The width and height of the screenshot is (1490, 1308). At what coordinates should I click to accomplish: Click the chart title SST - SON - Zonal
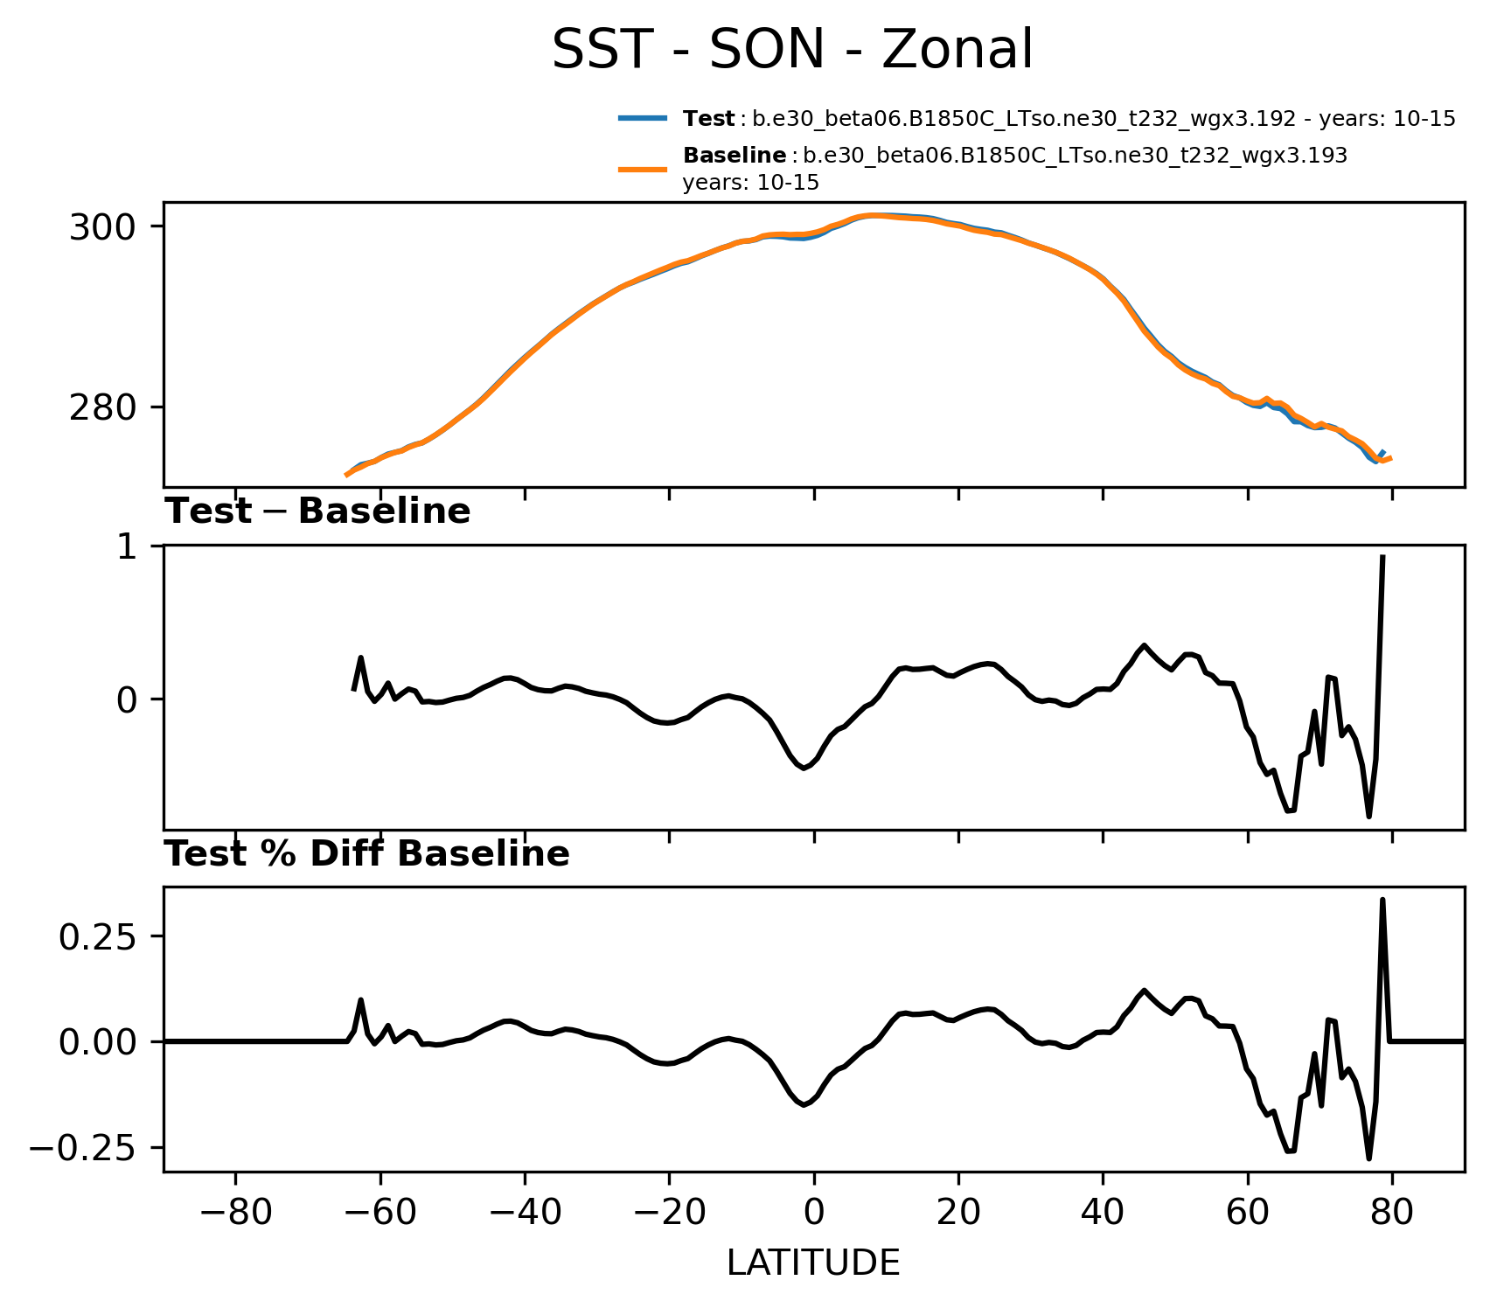(x=792, y=50)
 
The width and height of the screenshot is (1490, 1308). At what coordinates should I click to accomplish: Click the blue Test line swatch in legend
(x=644, y=118)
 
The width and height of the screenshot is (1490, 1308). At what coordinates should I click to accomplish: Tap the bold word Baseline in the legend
(x=734, y=156)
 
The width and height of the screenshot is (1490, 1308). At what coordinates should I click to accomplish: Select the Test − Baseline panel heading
(x=317, y=511)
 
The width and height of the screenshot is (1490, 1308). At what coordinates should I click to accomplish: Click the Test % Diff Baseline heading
(x=367, y=854)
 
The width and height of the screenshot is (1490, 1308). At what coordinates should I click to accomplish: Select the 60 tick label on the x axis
(x=1248, y=1214)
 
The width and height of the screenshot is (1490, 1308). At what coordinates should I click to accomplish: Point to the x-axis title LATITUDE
(x=813, y=1263)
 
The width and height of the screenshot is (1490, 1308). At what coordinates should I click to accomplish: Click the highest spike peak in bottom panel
(x=1382, y=900)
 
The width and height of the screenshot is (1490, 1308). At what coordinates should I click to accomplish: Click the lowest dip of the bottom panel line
(x=1368, y=1158)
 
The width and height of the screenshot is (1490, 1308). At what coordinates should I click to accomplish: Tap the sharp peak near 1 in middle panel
(x=1382, y=556)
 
